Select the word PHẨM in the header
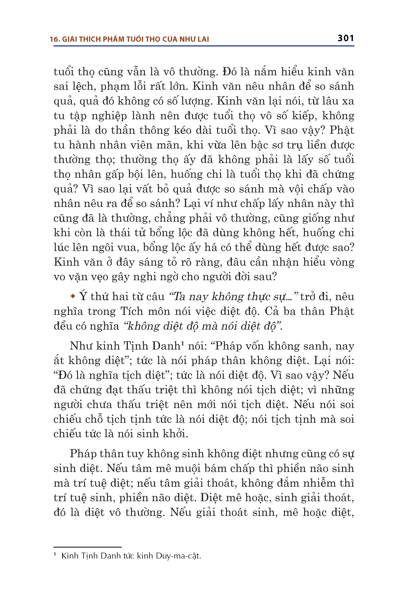coord(113,39)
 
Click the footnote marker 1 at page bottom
coord(55,554)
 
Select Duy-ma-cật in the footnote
coord(179,556)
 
